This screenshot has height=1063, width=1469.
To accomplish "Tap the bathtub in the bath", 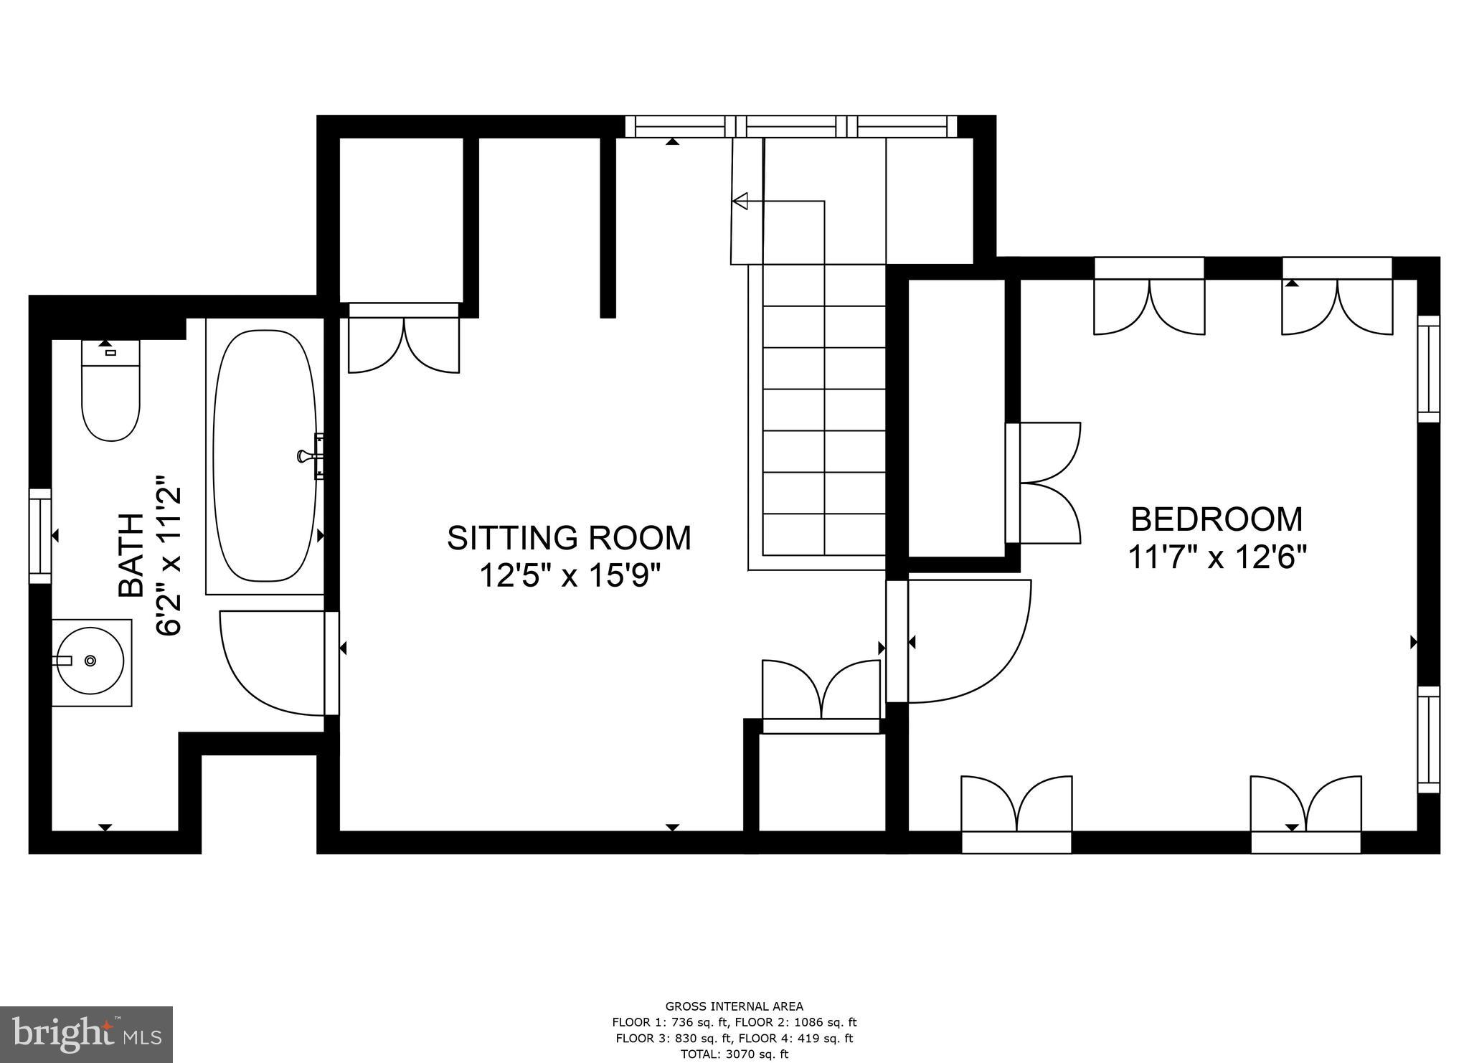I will pos(265,456).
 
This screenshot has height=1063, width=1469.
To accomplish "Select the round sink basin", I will pos(91,661).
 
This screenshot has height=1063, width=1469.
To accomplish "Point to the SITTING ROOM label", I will pos(569,538).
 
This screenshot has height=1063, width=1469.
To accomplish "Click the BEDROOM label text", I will pos(1217,519).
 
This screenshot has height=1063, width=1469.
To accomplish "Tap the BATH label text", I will pos(131,555).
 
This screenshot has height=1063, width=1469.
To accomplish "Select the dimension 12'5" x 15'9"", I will pos(569,575).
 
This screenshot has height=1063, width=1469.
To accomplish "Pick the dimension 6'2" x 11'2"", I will pos(169,555).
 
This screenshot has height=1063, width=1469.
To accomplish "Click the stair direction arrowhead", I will pos(740,202).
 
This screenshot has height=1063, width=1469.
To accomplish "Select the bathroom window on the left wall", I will pos(40,537).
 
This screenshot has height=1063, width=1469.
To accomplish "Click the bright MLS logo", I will pos(86,1034).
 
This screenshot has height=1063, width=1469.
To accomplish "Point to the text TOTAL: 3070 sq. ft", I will pos(734,1054).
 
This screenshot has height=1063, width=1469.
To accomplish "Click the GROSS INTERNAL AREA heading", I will pos(734,1006).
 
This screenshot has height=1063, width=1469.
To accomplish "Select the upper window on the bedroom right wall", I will pos(1428,369).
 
